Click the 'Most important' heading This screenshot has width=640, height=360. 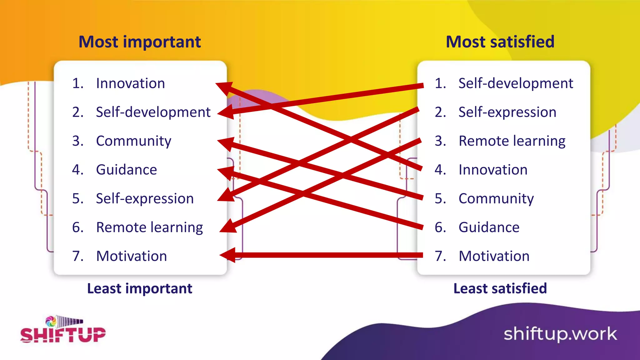139,42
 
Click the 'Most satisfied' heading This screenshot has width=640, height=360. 500,42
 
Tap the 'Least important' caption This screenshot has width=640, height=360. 139,288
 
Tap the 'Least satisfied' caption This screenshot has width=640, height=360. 500,288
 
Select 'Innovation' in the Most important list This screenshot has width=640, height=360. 130,83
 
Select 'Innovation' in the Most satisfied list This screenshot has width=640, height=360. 493,170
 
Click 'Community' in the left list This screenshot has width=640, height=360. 133,141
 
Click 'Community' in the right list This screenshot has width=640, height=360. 496,199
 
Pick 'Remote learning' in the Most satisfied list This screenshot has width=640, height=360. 512,141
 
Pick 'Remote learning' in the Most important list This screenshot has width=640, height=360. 149,227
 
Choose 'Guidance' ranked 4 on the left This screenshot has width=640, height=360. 126,170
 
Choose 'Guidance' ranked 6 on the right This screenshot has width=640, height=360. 489,227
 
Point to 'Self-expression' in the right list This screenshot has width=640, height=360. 507,112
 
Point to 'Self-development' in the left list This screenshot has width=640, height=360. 153,112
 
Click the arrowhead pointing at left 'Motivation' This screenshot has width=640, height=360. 227,255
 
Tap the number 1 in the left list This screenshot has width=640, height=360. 77,83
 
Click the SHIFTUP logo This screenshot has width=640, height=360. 63,330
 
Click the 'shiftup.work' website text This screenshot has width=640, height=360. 560,334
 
